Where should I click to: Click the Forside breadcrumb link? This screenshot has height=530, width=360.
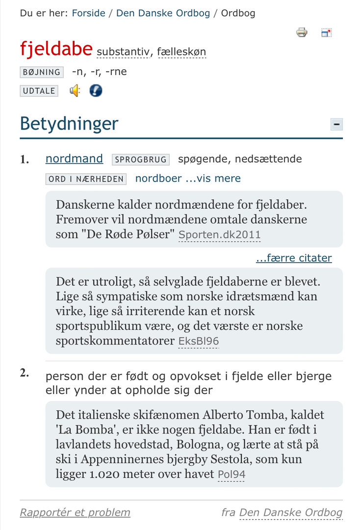pyautogui.click(x=88, y=13)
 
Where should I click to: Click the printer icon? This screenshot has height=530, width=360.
pyautogui.click(x=302, y=33)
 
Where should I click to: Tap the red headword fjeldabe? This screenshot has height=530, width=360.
pyautogui.click(x=56, y=49)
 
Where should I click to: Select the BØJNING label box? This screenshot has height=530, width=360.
pyautogui.click(x=42, y=72)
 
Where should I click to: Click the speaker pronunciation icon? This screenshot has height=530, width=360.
pyautogui.click(x=75, y=91)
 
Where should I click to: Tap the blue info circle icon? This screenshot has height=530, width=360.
pyautogui.click(x=96, y=91)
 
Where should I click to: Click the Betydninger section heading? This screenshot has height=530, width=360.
pyautogui.click(x=69, y=124)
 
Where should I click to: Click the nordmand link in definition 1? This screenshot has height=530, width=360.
pyautogui.click(x=74, y=159)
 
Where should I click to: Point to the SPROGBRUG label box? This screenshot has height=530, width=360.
pyautogui.click(x=141, y=159)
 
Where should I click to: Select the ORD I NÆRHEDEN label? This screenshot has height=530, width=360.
pyautogui.click(x=86, y=179)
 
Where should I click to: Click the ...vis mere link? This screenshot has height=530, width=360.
pyautogui.click(x=213, y=179)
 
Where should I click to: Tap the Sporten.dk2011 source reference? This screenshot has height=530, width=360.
pyautogui.click(x=219, y=235)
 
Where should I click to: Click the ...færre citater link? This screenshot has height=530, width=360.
pyautogui.click(x=294, y=258)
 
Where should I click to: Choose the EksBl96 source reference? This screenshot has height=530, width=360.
pyautogui.click(x=198, y=341)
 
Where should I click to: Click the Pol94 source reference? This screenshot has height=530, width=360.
pyautogui.click(x=232, y=475)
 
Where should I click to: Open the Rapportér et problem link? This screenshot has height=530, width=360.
pyautogui.click(x=75, y=513)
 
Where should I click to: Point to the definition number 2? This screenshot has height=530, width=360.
pyautogui.click(x=25, y=373)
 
